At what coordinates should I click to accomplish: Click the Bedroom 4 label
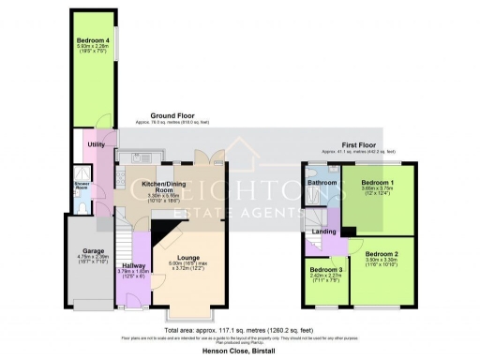[95, 41]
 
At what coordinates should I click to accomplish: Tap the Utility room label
[96, 144]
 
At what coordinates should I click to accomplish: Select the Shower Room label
[82, 186]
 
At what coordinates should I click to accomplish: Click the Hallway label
[130, 265]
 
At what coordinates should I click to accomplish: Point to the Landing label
[325, 231]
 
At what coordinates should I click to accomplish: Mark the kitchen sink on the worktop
[121, 177]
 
